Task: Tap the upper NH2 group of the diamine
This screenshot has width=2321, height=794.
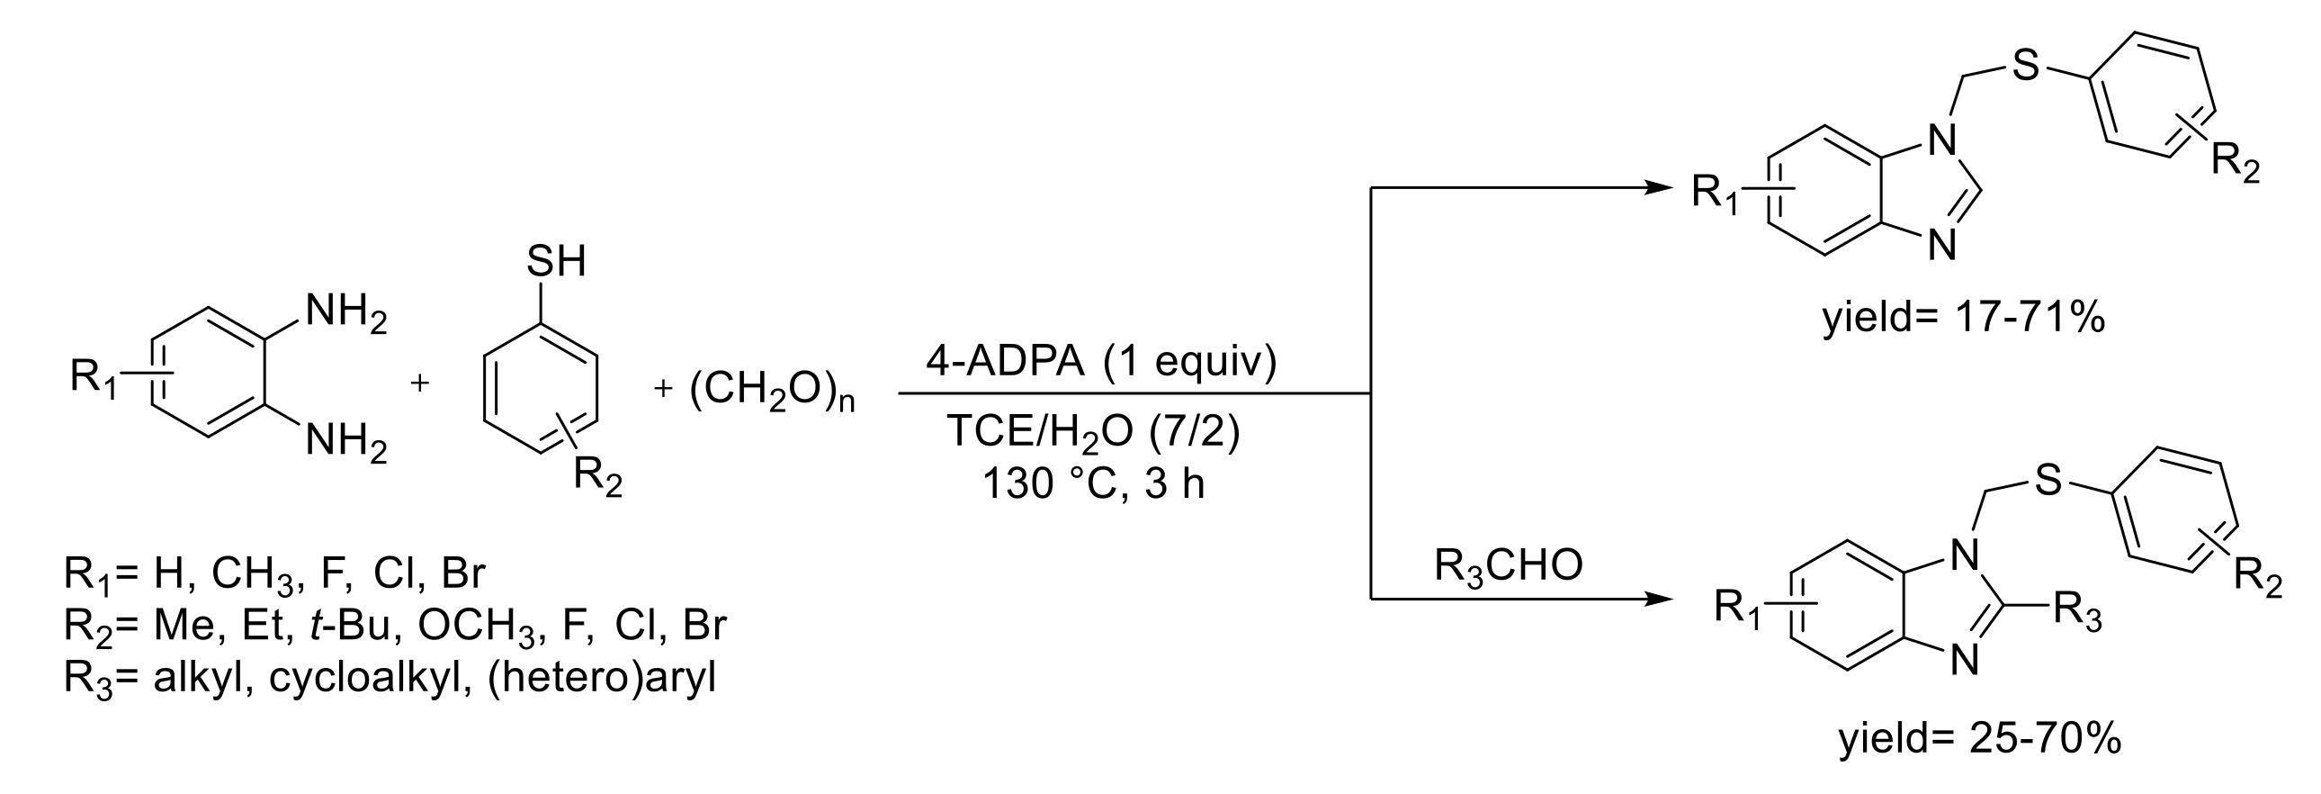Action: tap(345, 314)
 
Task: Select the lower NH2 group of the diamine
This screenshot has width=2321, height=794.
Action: tap(345, 445)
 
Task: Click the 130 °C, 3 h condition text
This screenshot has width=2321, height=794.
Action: tap(1093, 484)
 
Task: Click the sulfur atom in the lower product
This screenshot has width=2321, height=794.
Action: tap(2048, 481)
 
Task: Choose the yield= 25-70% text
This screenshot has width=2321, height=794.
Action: tap(1979, 739)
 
